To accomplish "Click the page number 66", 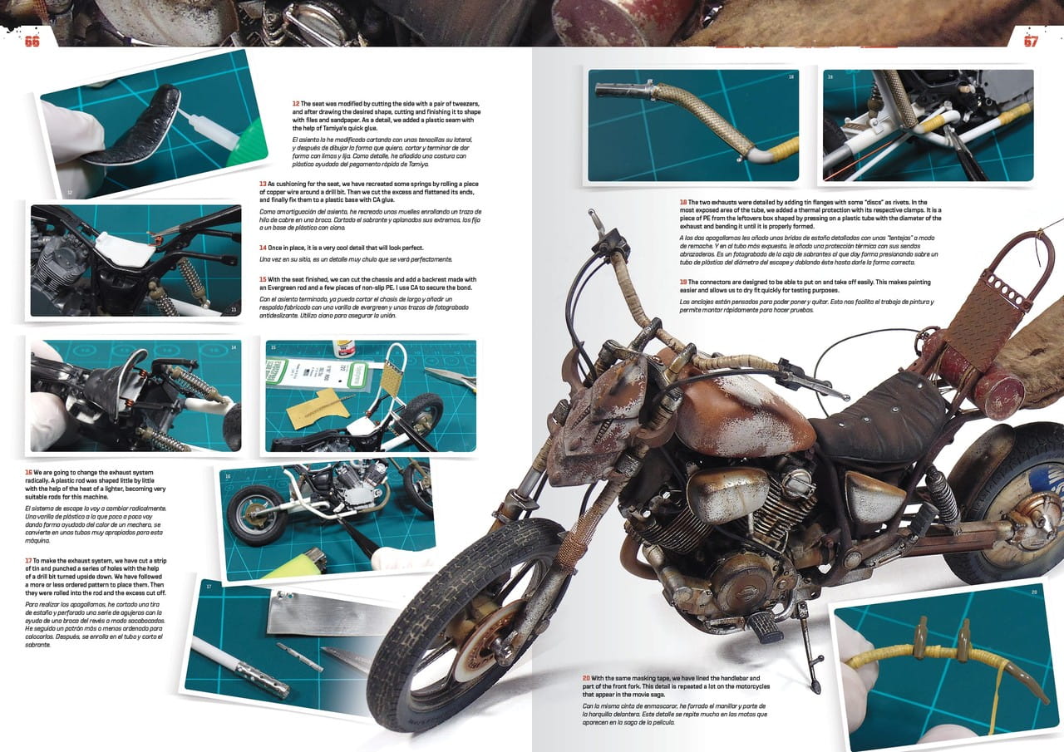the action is coord(32,42).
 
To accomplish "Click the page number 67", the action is coord(1031,42).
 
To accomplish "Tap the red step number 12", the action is coord(296,104).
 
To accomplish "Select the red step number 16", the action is coord(28,472).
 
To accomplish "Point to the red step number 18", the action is coord(683,202).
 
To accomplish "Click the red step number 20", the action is coord(586,678).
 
